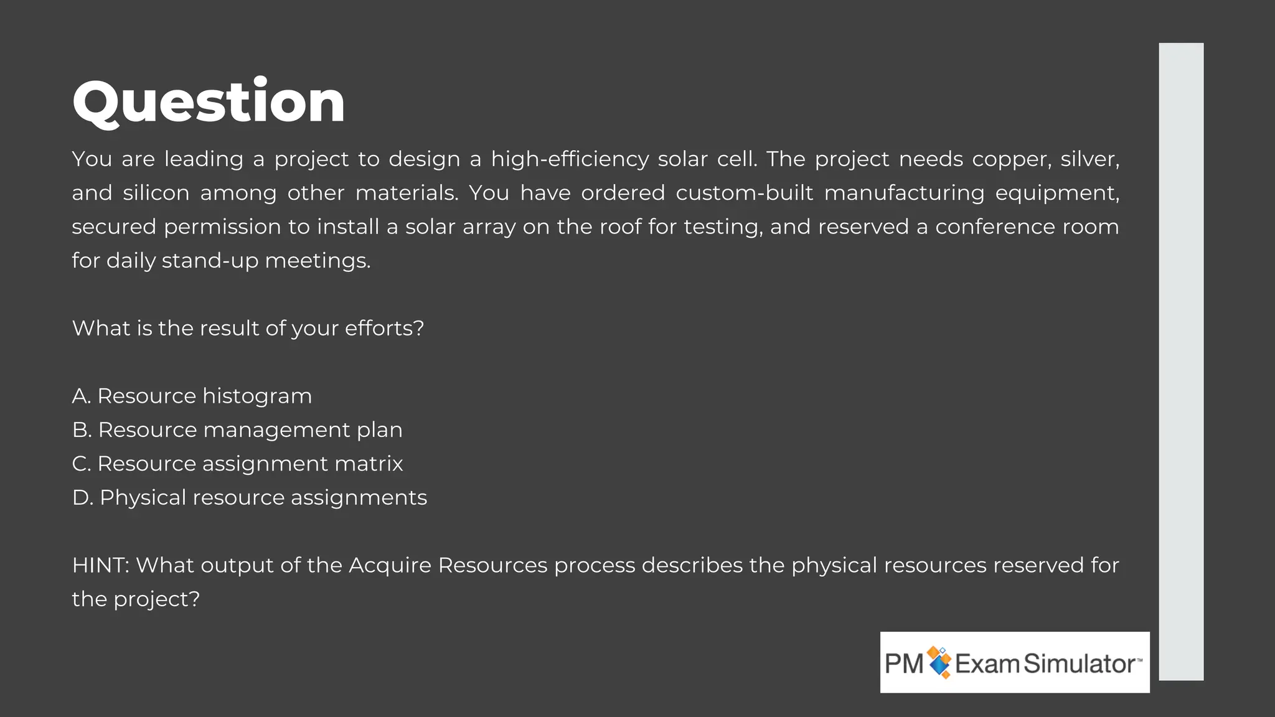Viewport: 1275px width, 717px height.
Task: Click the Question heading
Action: pyautogui.click(x=209, y=101)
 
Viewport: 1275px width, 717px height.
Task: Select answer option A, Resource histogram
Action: pyautogui.click(x=192, y=396)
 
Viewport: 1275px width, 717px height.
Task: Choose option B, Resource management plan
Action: pyautogui.click(x=237, y=430)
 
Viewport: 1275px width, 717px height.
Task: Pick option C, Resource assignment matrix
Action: pyautogui.click(x=237, y=464)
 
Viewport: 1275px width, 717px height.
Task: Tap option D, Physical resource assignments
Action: pyautogui.click(x=250, y=498)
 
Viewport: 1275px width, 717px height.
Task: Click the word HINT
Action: pyautogui.click(x=100, y=565)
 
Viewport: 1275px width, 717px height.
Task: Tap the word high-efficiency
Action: pyautogui.click(x=570, y=159)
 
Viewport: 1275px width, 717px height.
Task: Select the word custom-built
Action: pyautogui.click(x=744, y=193)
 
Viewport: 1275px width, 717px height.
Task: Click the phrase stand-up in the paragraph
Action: pyautogui.click(x=210, y=261)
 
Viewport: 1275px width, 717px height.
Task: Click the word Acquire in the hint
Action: pyautogui.click(x=390, y=565)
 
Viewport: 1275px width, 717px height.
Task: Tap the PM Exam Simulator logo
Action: pyautogui.click(x=1014, y=662)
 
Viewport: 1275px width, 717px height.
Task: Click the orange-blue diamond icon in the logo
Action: pyautogui.click(x=939, y=662)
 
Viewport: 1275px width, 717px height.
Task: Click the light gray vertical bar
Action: pyautogui.click(x=1180, y=361)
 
